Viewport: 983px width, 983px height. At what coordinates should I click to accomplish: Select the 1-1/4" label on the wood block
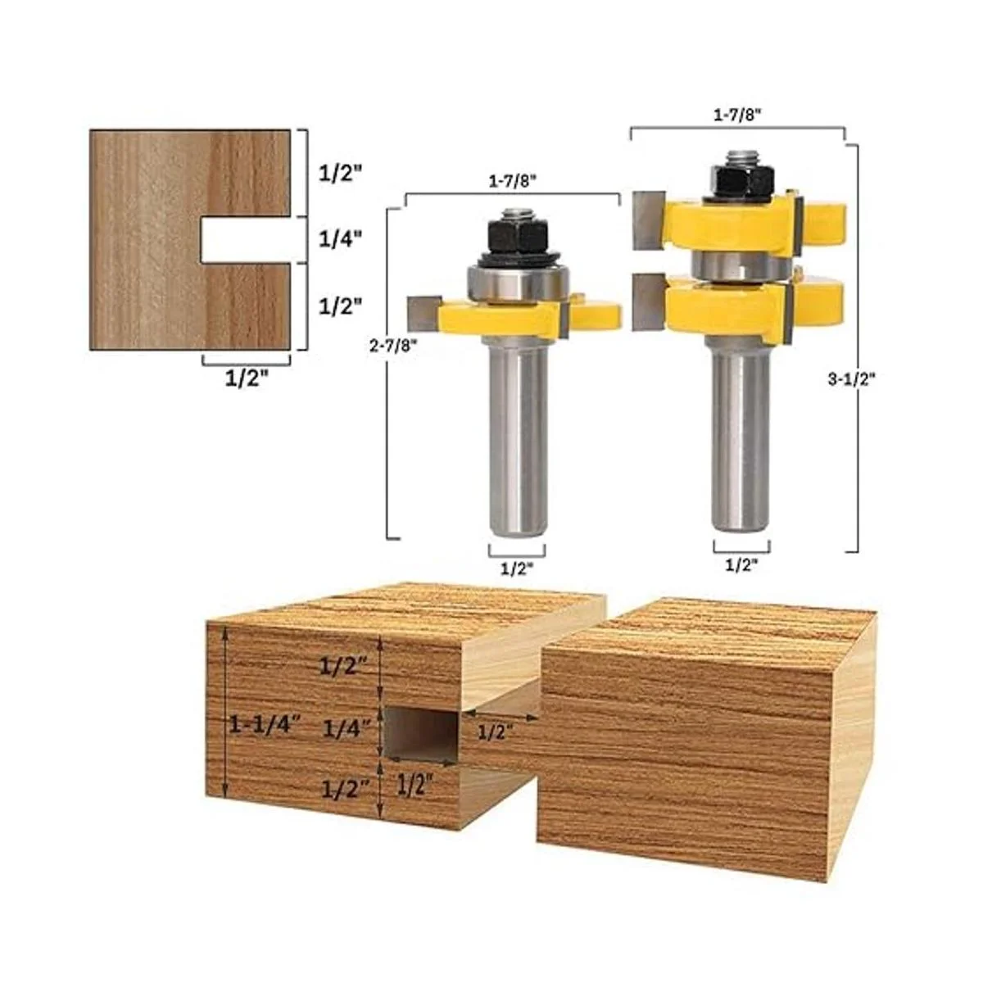266,724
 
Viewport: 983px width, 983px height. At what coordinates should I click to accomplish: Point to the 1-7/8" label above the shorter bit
513,182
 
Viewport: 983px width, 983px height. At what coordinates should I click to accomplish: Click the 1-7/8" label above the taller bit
737,115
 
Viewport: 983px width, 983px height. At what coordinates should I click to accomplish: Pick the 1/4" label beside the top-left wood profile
340,238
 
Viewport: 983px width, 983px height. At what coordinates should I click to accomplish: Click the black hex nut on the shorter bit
517,235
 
